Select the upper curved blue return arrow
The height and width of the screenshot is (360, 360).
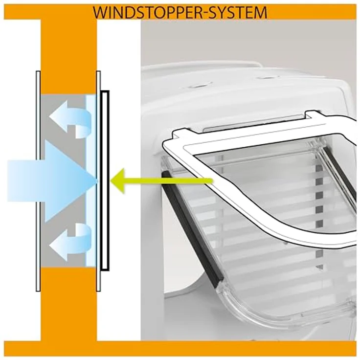click(x=70, y=119)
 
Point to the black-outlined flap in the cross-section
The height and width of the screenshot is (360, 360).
click(x=105, y=180)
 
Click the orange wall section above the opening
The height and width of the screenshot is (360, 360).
click(x=68, y=57)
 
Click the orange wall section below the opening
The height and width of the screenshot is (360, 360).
click(x=68, y=303)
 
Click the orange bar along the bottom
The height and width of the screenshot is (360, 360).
click(x=180, y=349)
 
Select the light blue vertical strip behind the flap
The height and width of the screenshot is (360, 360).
click(x=90, y=180)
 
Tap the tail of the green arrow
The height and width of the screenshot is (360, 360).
click(x=211, y=181)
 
